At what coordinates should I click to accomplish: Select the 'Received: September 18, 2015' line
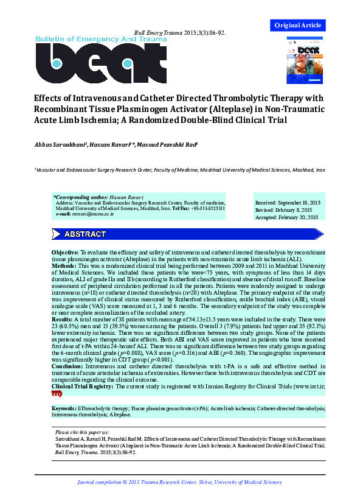pyautogui.click(x=286, y=202)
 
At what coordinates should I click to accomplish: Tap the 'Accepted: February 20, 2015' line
pyautogui.click(x=286, y=217)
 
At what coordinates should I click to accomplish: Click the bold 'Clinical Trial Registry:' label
pyautogui.click(x=83, y=387)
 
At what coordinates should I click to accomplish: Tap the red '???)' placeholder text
pyautogui.click(x=57, y=394)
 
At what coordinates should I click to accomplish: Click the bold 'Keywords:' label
pyautogui.click(x=64, y=408)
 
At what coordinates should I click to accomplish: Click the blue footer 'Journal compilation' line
pyautogui.click(x=179, y=482)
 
